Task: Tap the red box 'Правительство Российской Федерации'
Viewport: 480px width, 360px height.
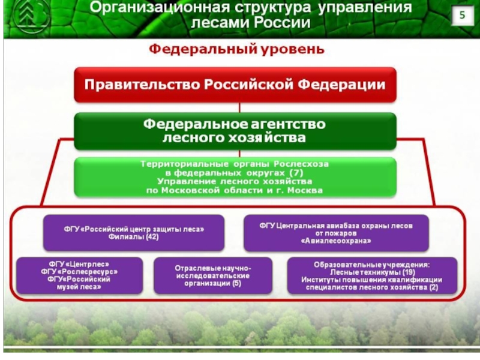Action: (x=235, y=84)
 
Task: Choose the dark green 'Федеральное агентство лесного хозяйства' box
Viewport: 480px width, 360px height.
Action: (x=235, y=131)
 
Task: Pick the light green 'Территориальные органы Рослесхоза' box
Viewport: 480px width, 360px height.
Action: (x=235, y=177)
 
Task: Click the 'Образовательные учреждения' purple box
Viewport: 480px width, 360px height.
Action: (x=371, y=275)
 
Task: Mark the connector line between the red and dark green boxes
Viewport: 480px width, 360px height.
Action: (x=240, y=107)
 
